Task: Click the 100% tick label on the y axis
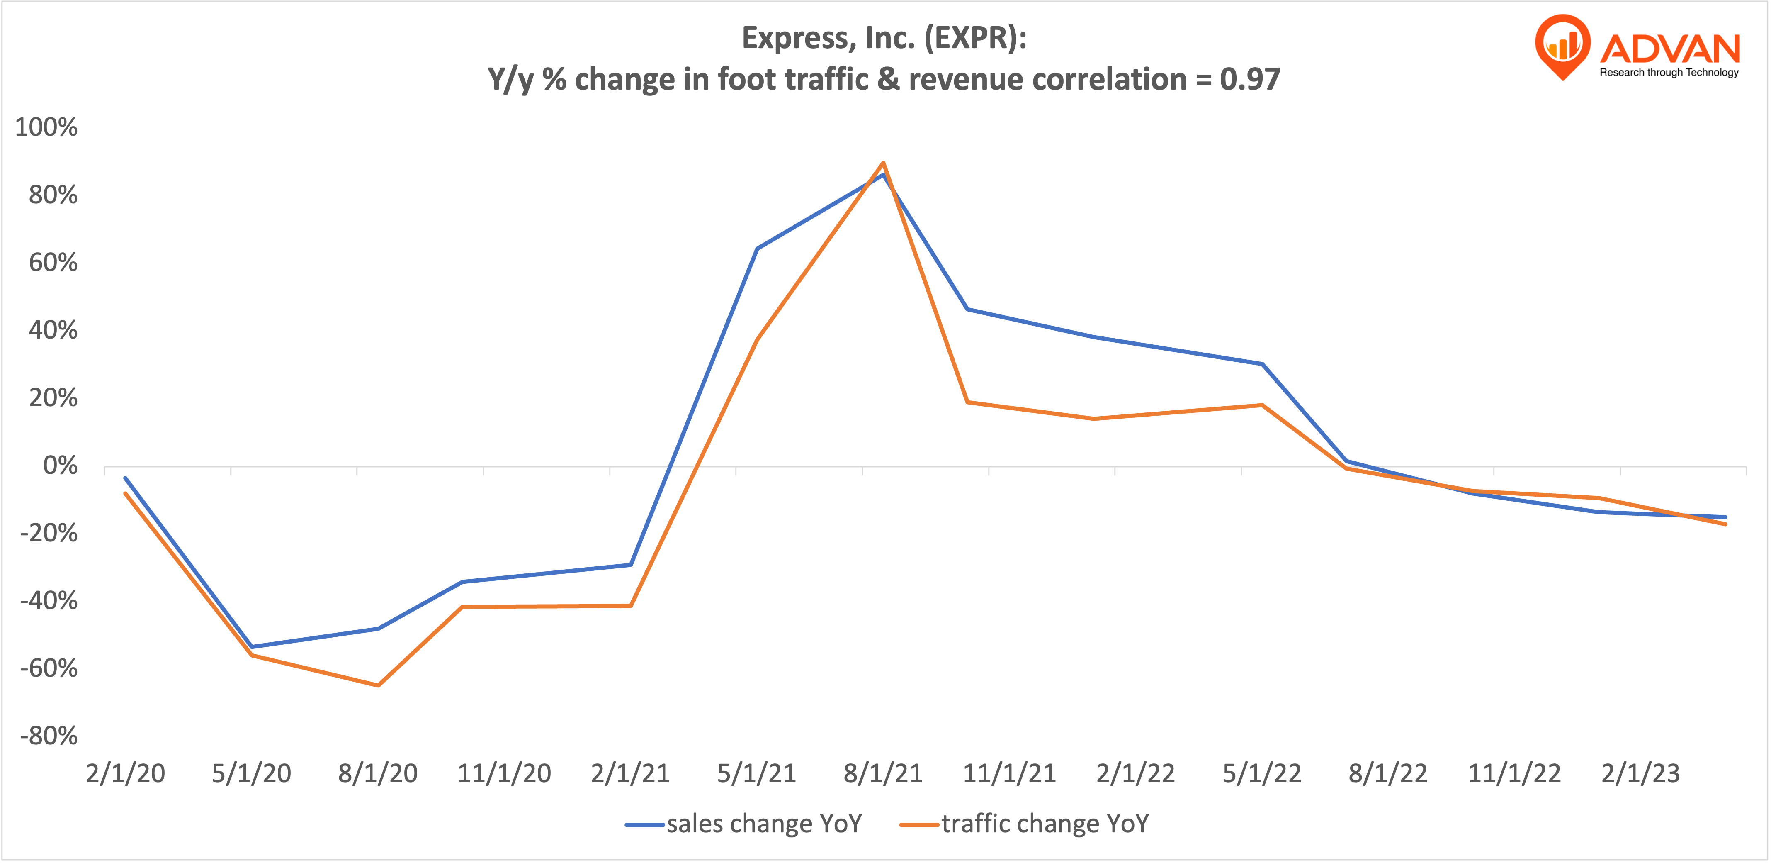click(x=46, y=127)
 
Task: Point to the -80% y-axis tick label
click(x=48, y=736)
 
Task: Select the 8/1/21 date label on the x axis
click(x=883, y=774)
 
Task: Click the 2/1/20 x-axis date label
click(x=125, y=774)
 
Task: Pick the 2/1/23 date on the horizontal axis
click(x=1640, y=774)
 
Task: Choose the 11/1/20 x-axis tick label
click(x=504, y=774)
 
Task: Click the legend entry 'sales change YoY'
click(x=763, y=824)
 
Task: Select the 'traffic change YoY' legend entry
click(x=1044, y=824)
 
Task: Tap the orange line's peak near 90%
click(x=883, y=163)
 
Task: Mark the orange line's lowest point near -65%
click(x=378, y=685)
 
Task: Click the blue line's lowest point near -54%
click(x=252, y=646)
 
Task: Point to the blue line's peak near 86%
click(x=883, y=175)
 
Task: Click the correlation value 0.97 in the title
click(x=1250, y=80)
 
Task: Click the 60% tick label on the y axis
click(x=53, y=263)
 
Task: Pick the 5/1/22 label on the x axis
click(x=1261, y=774)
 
